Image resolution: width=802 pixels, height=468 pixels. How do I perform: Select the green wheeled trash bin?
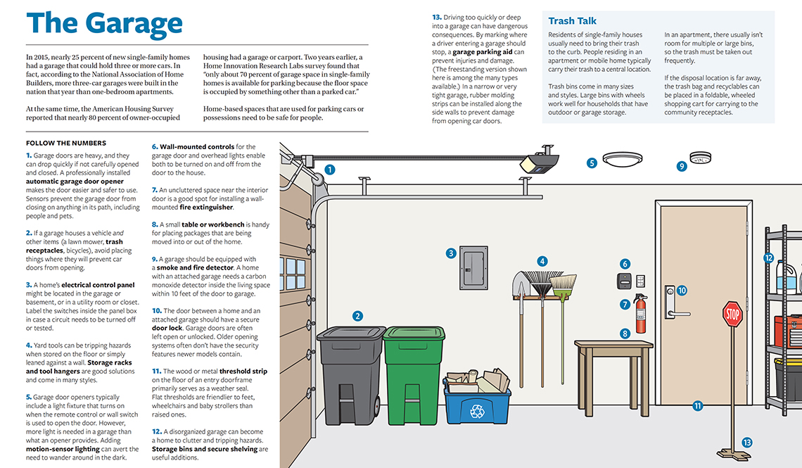414,373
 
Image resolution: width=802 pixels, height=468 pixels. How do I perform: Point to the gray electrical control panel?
473,267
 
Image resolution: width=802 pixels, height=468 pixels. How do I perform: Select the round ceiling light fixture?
622,159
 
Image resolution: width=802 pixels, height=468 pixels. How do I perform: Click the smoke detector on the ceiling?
700,157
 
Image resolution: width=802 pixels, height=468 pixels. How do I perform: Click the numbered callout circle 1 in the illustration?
330,170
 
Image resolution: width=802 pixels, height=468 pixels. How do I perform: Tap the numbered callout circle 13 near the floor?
746,443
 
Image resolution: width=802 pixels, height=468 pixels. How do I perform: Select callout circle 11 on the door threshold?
697,405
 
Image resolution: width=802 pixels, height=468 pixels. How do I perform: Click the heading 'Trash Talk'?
573,21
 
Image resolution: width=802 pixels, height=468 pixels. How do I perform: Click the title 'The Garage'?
104,23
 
